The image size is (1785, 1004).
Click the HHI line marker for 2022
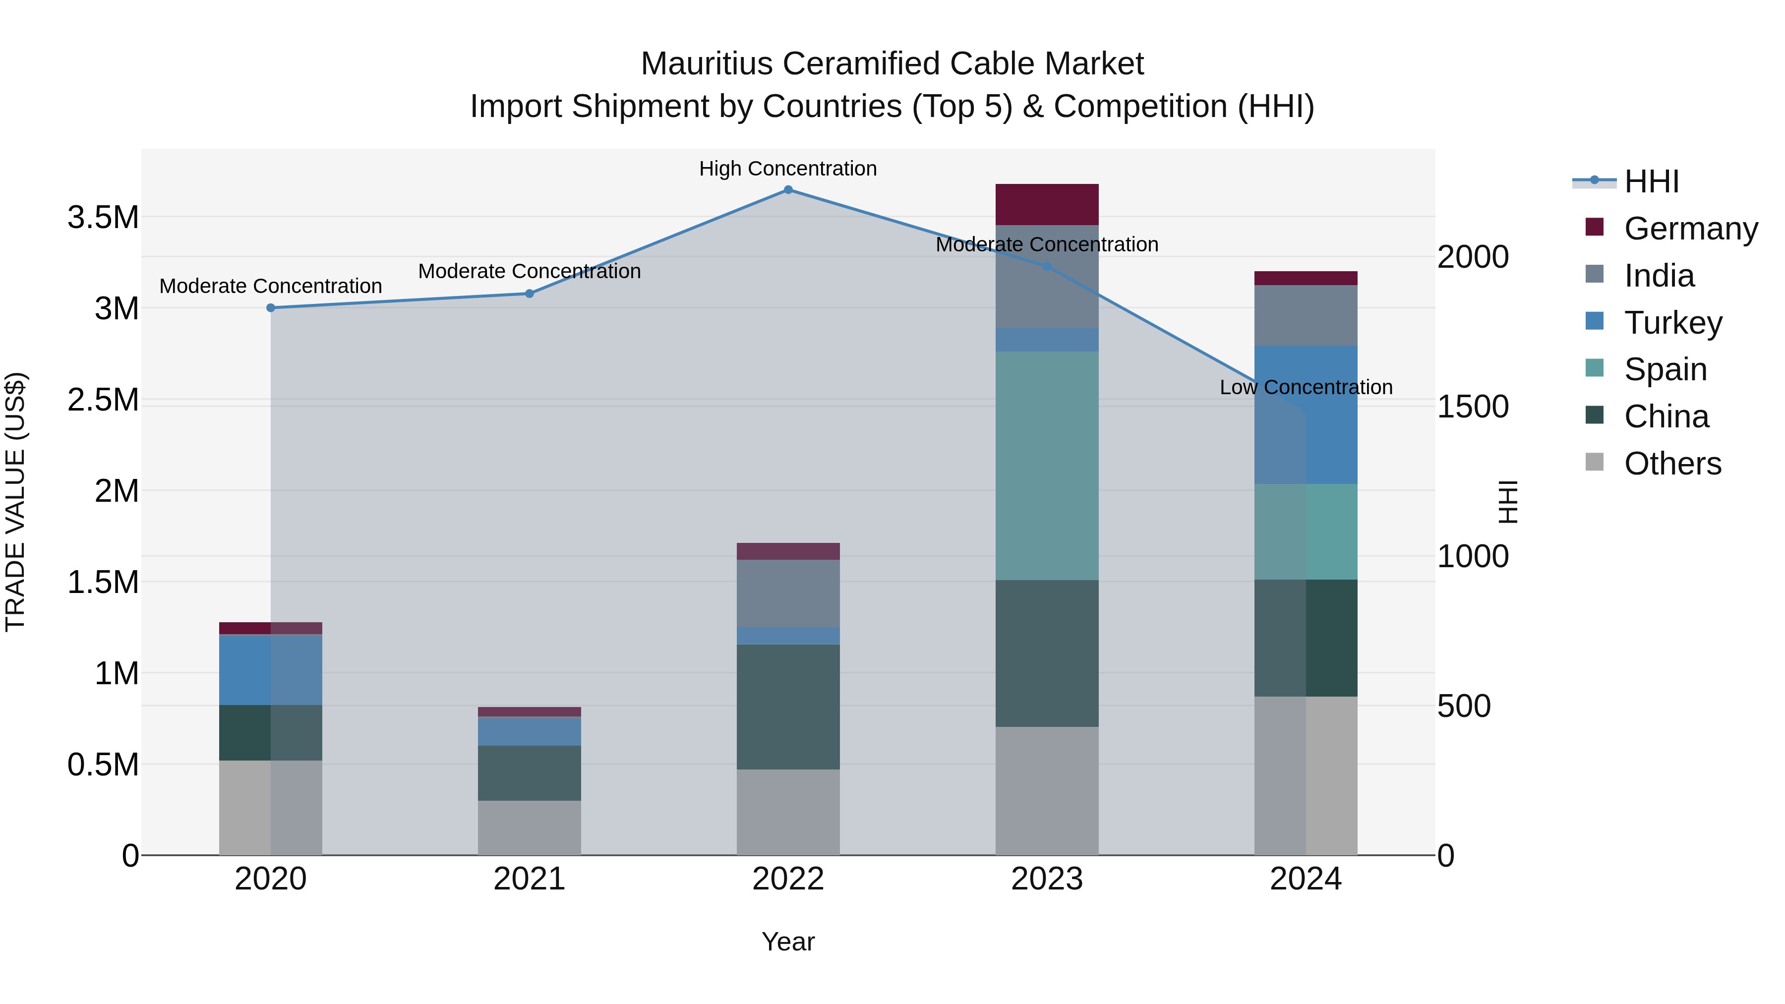[x=788, y=190]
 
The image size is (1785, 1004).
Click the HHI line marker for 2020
[x=271, y=307]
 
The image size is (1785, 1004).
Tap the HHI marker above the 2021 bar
[x=530, y=294]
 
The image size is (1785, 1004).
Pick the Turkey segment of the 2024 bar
[x=1306, y=414]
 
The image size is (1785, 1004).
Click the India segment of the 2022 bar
[x=788, y=593]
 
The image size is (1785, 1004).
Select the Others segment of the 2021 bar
[x=530, y=828]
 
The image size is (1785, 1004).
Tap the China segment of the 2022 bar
[x=788, y=707]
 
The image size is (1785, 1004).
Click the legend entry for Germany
[x=1690, y=229]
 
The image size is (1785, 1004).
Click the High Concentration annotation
[x=788, y=169]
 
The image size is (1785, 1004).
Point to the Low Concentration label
[x=1306, y=387]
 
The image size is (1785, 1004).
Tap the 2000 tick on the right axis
[x=1473, y=257]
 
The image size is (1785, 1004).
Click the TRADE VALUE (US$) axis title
[x=16, y=502]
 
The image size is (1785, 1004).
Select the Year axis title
[x=788, y=942]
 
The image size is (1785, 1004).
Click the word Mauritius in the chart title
[x=706, y=64]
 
